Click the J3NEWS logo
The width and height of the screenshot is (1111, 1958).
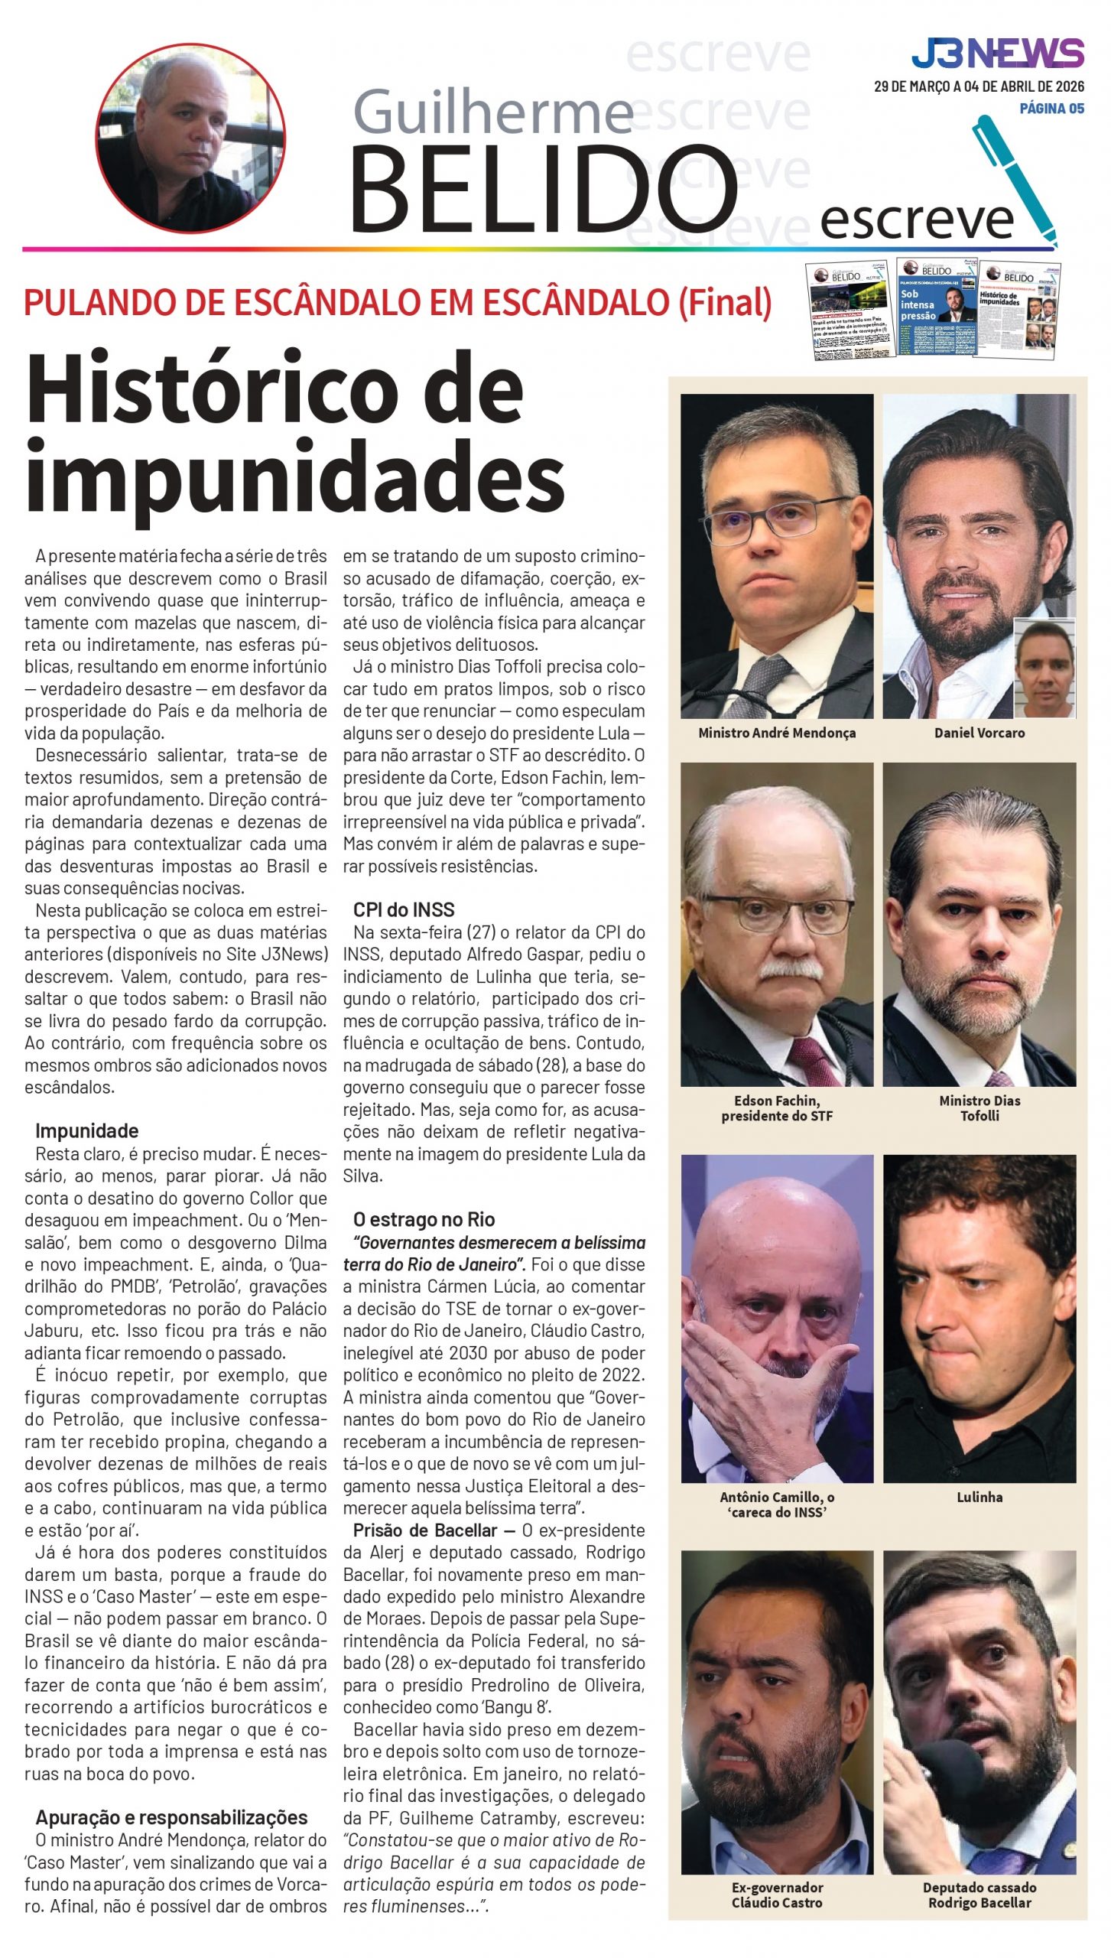[x=997, y=54]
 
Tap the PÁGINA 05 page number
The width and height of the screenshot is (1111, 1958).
[x=1051, y=109]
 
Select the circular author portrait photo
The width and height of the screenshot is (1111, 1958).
[x=190, y=138]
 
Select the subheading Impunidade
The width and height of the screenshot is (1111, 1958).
[x=86, y=1131]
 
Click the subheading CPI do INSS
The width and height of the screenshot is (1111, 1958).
[x=404, y=909]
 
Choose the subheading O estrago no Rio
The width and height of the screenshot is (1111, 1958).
[x=424, y=1219]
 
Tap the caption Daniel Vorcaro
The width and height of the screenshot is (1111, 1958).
[x=979, y=733]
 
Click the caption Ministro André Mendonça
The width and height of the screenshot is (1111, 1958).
[x=776, y=733]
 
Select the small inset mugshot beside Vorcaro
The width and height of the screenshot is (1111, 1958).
[x=1044, y=668]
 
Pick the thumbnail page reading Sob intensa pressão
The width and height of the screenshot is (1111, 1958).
[x=936, y=306]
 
